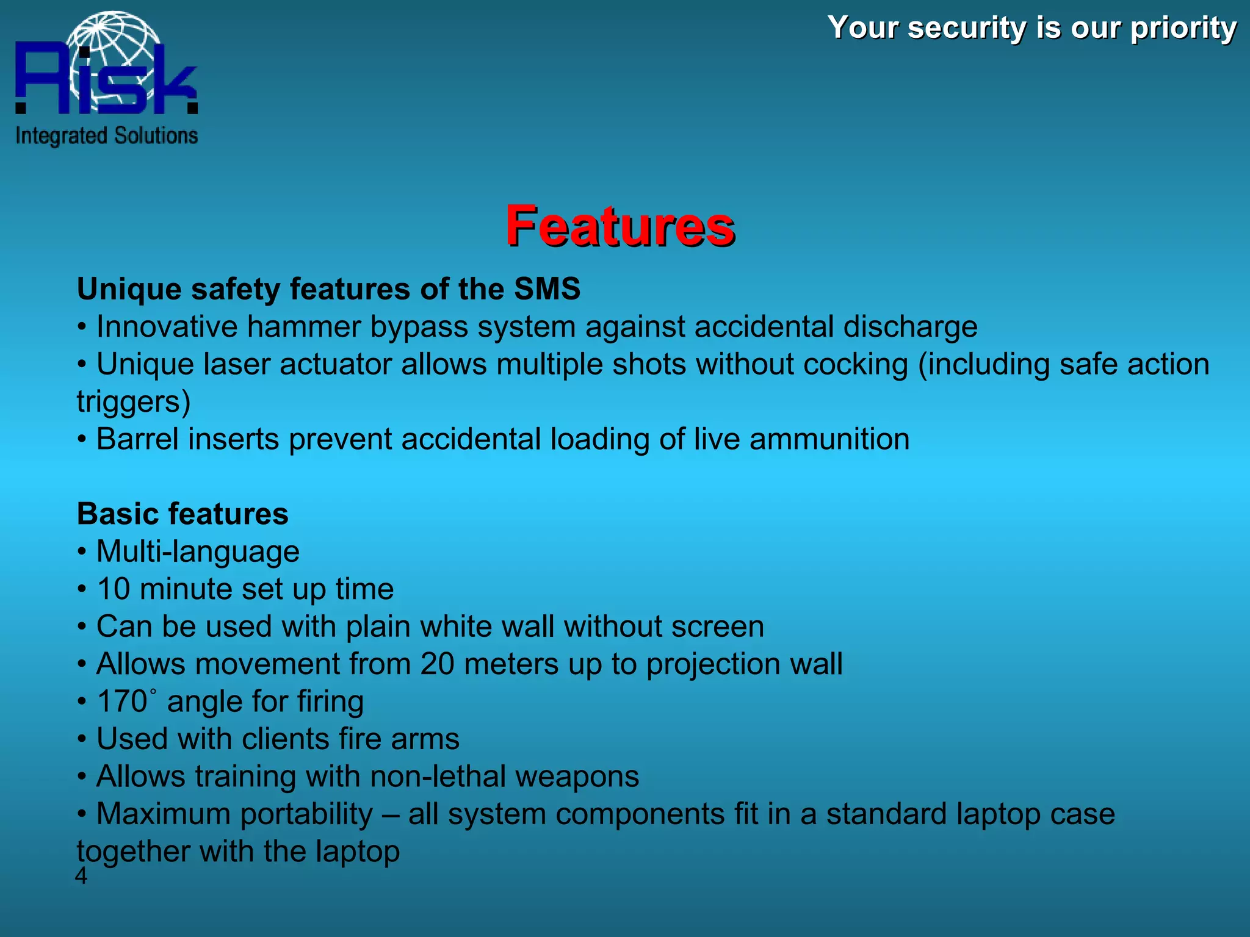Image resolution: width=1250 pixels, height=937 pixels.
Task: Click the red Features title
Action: tap(620, 226)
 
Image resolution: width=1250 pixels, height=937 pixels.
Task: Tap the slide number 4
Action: tap(81, 877)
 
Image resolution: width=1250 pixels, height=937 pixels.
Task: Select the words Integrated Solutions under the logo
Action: tap(107, 136)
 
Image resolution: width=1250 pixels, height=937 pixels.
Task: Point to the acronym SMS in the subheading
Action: tap(546, 289)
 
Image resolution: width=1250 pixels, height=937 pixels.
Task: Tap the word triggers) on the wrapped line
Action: tap(133, 403)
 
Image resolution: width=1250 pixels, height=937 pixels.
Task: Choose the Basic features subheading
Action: tap(182, 514)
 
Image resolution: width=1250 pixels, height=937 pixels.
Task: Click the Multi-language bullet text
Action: tap(198, 552)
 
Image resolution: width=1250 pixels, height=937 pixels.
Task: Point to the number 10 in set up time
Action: tap(113, 589)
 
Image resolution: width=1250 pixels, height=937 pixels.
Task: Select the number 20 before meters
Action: tap(437, 664)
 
